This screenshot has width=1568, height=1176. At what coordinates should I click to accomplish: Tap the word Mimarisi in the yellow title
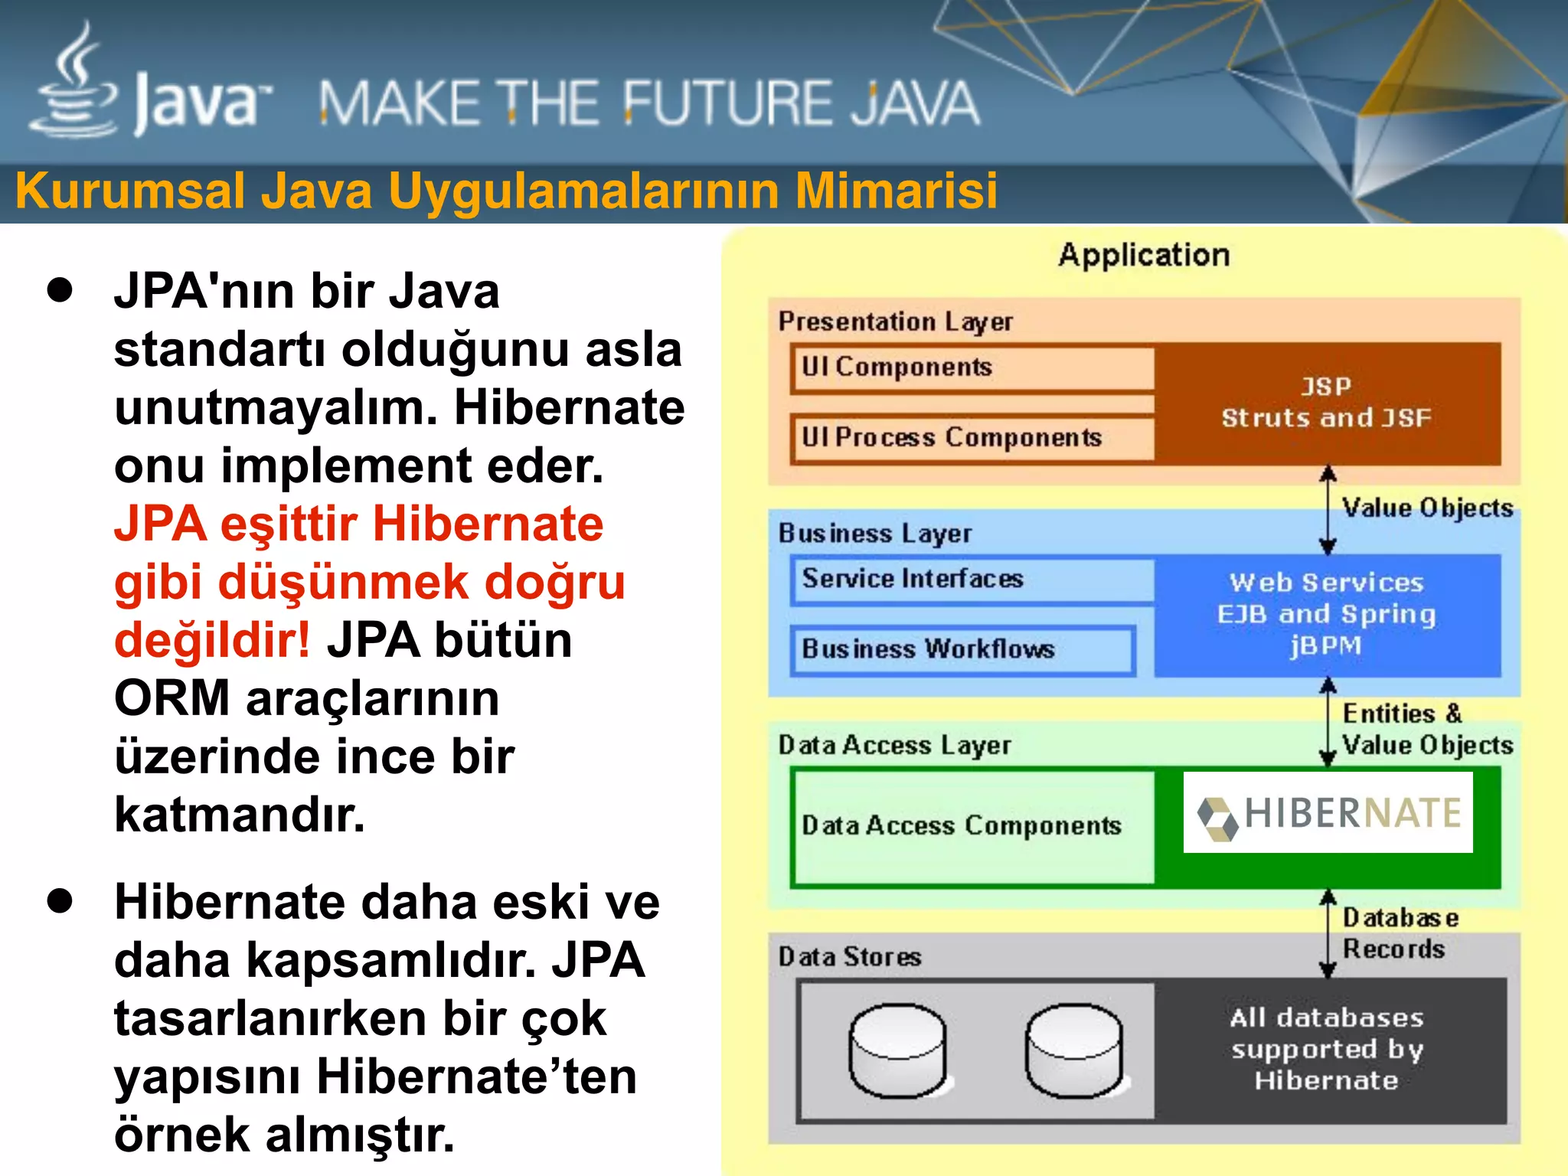click(896, 191)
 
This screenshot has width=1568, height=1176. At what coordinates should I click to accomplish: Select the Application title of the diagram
click(1144, 255)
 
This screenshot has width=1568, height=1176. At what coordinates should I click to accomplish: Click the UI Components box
click(972, 367)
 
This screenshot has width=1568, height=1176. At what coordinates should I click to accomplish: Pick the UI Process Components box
click(972, 438)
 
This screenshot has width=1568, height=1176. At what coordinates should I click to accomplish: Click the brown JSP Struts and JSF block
click(1327, 403)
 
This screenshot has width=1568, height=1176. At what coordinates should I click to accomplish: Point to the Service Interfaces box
click(972, 580)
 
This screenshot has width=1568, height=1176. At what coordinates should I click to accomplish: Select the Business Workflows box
click(962, 650)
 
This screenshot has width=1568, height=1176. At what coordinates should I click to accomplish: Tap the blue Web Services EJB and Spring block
click(1327, 615)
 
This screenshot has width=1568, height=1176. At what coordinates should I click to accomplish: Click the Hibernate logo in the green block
click(1328, 813)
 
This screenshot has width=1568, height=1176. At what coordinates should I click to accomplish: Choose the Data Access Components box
click(972, 827)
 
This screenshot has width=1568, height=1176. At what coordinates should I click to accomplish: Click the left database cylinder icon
click(897, 1050)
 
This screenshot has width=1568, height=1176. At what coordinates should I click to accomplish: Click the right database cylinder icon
click(1073, 1050)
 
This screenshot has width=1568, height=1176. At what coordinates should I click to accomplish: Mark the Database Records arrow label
click(1400, 933)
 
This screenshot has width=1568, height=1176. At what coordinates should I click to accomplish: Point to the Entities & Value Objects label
click(1426, 730)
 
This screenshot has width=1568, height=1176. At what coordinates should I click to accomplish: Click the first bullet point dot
click(60, 291)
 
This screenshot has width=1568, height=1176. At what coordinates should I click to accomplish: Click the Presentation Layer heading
click(895, 322)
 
